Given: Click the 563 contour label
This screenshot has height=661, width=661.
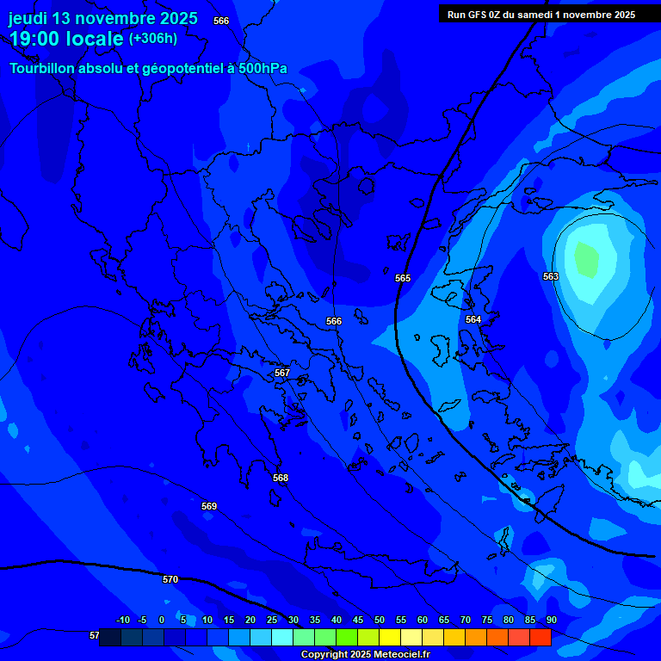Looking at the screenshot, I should coord(551,276).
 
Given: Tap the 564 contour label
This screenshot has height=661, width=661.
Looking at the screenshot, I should coord(473,319).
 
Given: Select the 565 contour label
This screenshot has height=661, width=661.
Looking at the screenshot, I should coord(403,278).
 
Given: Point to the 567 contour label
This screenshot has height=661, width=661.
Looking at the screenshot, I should coord(281,373).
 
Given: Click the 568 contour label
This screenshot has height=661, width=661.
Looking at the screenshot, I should coord(281,478).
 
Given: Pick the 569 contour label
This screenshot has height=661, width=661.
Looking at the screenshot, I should coord(209,506).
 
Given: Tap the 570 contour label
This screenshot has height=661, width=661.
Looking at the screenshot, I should coord(170,579).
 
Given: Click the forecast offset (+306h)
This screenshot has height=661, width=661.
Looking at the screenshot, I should coord(152,39).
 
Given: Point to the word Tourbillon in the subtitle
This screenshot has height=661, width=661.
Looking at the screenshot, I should coord(47,68).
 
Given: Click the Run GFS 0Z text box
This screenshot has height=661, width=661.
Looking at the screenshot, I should coord(541,15).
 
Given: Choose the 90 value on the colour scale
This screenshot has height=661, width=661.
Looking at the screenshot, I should coord(551,620).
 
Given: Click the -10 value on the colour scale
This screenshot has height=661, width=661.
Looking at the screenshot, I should coord(123,620).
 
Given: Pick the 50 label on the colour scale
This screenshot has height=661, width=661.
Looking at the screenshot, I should coord(380,620).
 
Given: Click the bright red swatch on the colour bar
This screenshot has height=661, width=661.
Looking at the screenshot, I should coord(541,638).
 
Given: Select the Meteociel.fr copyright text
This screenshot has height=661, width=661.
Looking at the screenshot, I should coord(365,654).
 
